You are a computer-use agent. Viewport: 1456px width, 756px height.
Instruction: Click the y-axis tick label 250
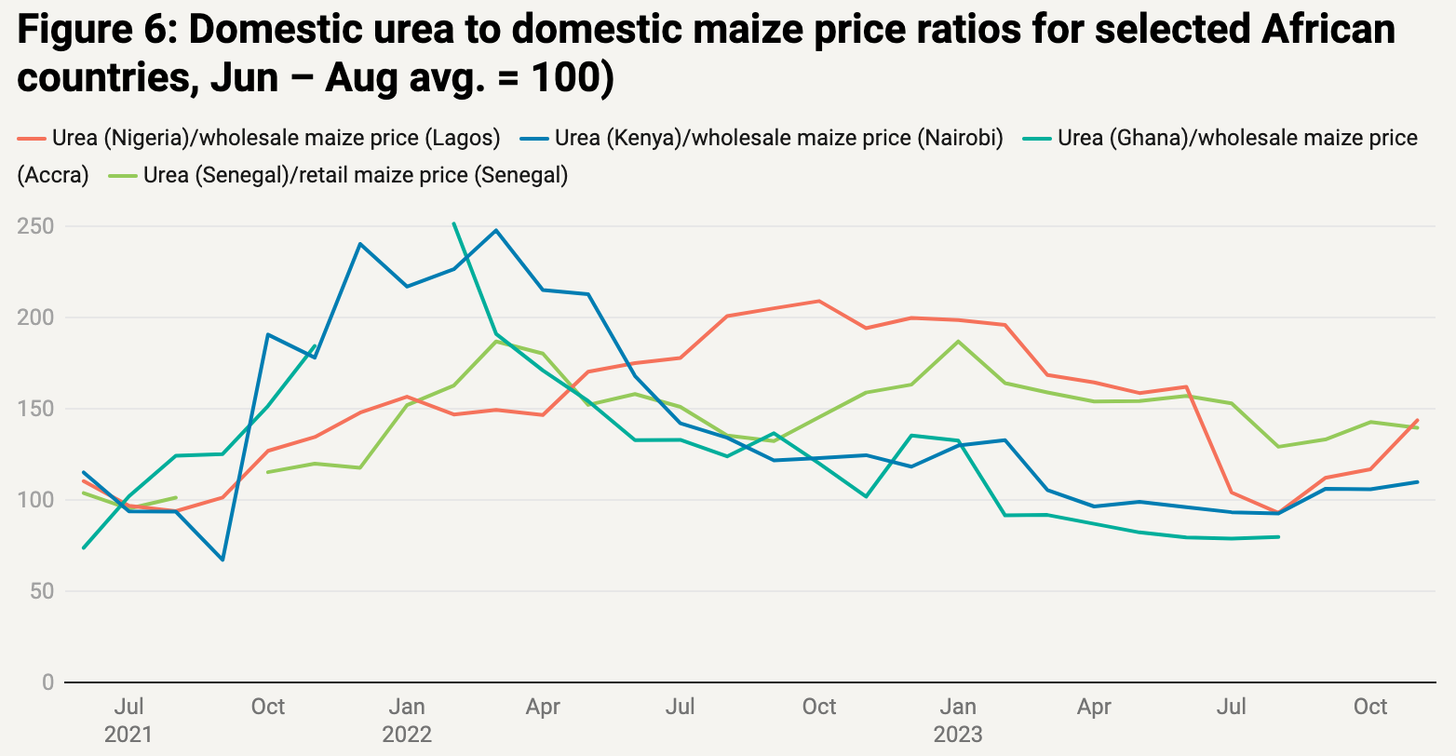[x=35, y=227]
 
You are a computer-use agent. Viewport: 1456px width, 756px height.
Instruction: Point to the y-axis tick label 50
[x=41, y=591]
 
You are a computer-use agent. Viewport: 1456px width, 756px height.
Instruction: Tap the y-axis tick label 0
[x=47, y=682]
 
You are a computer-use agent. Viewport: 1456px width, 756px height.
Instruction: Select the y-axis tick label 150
[x=35, y=409]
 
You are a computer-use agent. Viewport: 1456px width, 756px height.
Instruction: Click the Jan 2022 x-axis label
[x=407, y=720]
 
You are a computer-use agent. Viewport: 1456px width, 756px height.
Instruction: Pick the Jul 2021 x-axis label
[x=128, y=720]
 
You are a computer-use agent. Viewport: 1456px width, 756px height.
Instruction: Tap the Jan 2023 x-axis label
[x=958, y=720]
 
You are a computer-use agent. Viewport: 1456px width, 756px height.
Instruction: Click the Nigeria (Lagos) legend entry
[x=276, y=139]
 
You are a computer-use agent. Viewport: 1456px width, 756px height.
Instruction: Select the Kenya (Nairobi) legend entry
[x=778, y=139]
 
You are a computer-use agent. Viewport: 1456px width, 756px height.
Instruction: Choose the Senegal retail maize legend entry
[x=355, y=175]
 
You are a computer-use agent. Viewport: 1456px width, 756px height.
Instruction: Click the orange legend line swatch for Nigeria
[x=31, y=139]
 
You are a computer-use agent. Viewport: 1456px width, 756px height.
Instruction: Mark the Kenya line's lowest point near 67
[x=222, y=560]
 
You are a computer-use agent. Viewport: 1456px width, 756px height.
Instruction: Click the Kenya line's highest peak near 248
[x=497, y=230]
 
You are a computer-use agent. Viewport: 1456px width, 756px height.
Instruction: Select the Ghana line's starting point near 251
[x=452, y=223]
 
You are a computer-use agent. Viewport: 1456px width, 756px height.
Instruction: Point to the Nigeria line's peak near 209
[x=818, y=301]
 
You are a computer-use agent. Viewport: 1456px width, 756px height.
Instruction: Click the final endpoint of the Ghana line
[x=1278, y=536]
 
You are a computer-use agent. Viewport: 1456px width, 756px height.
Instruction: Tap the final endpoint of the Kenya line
[x=1417, y=481]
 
